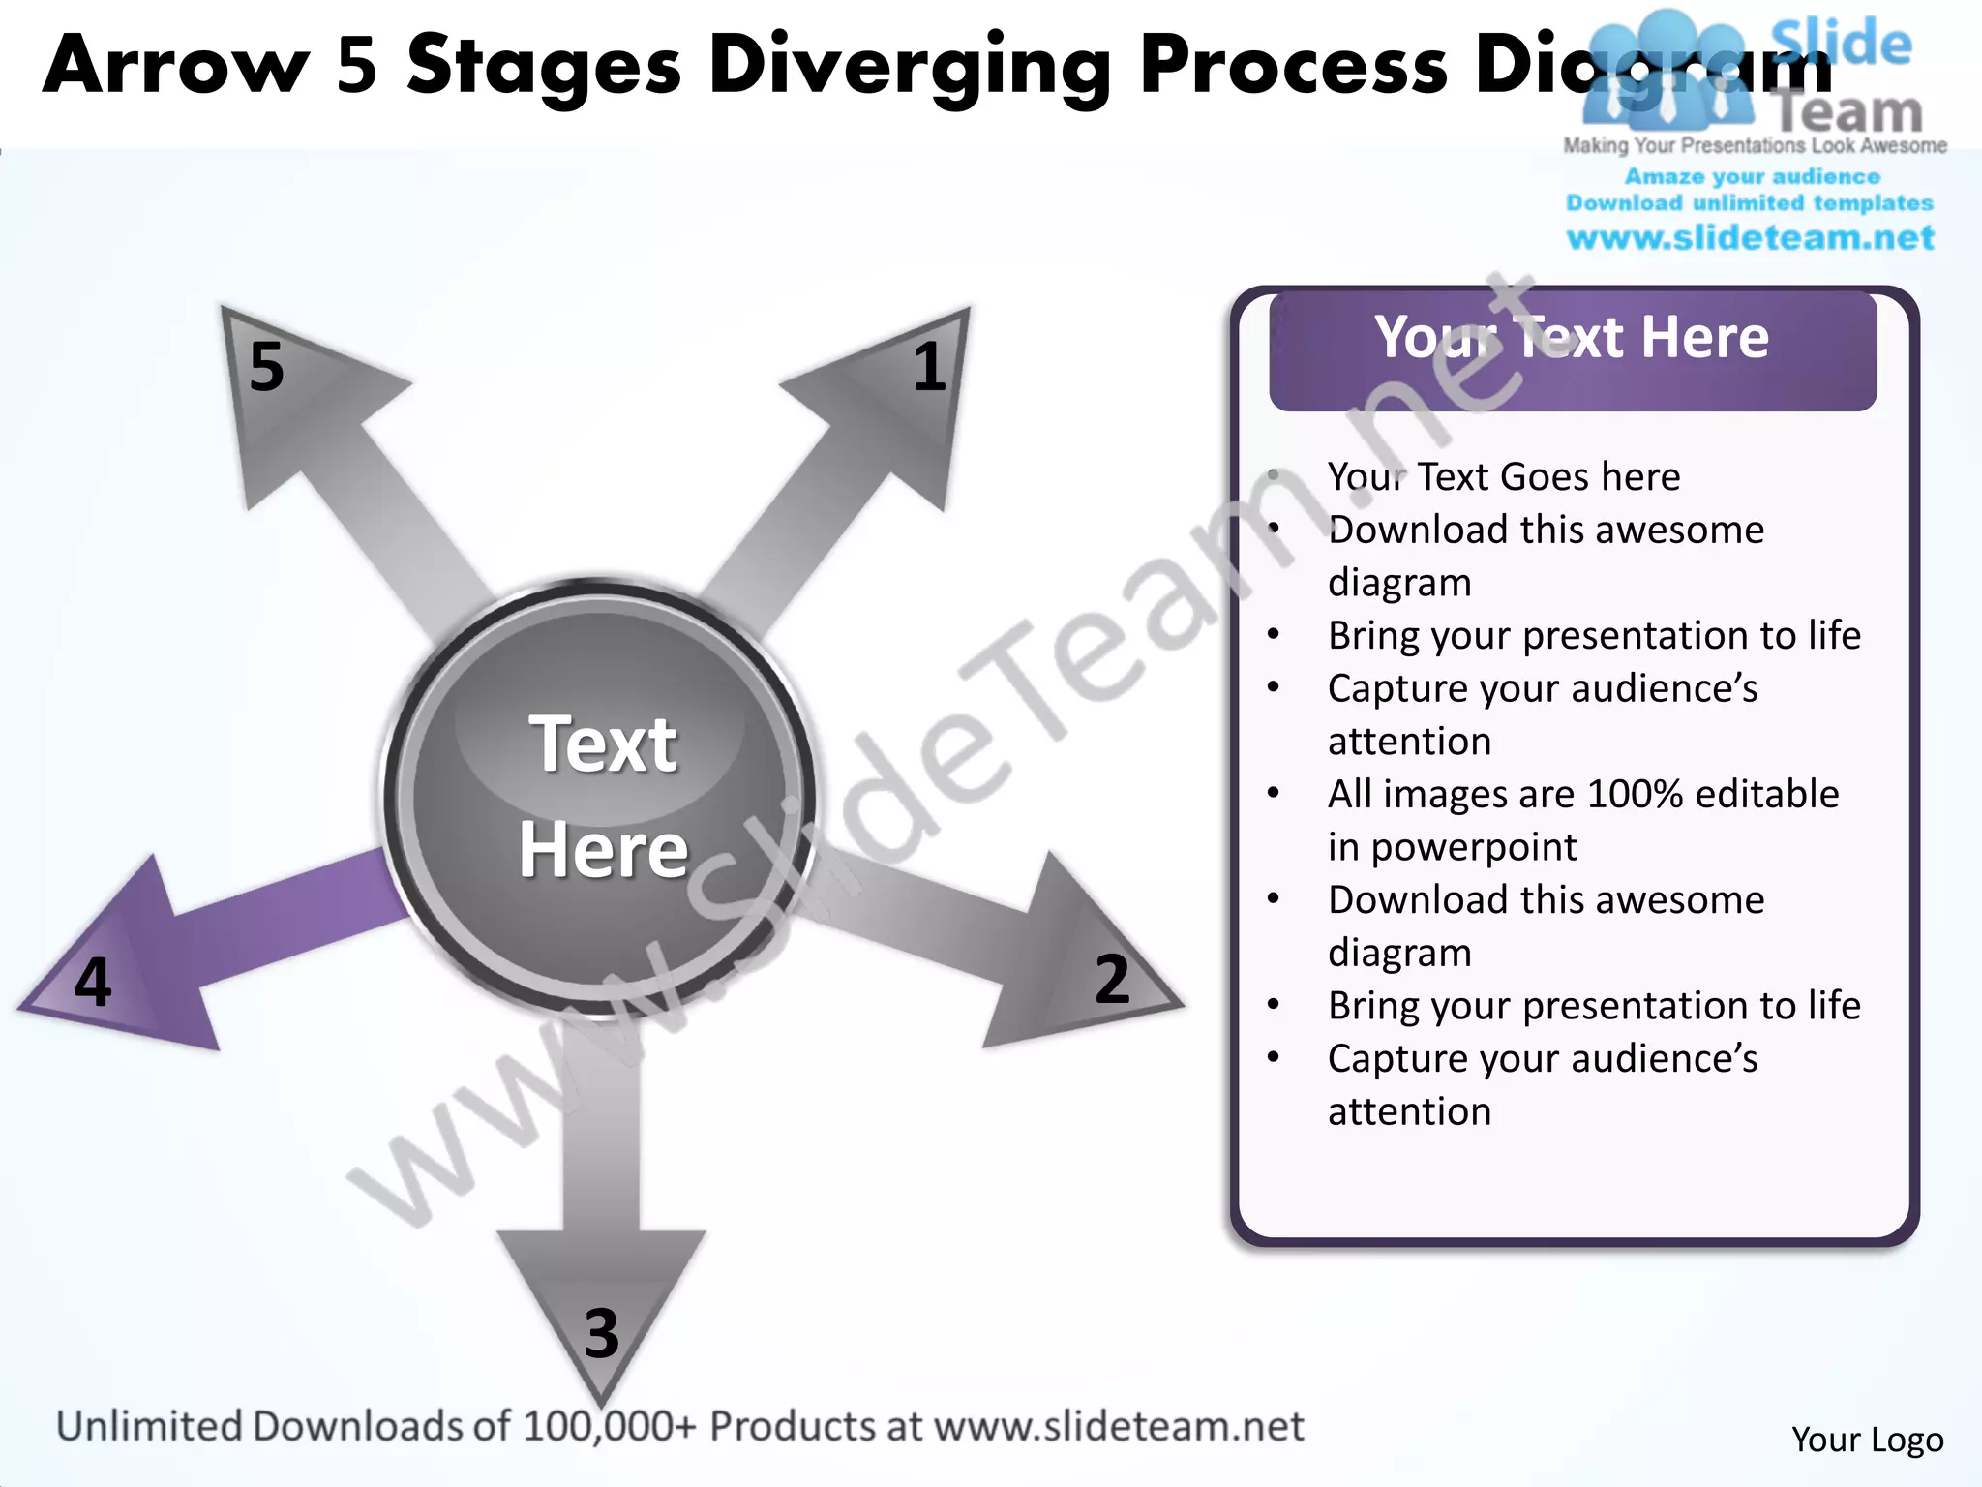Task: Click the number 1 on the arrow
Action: click(929, 367)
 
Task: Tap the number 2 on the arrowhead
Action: click(1112, 979)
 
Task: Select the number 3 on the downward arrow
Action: click(601, 1333)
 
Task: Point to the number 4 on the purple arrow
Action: click(93, 982)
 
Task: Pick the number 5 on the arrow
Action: click(266, 367)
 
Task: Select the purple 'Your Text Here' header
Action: click(1572, 339)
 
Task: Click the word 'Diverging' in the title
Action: click(909, 66)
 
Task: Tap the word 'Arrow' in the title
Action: click(175, 66)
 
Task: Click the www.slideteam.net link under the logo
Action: click(1750, 238)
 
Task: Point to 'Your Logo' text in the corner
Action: click(1867, 1440)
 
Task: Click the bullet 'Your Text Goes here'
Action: click(1503, 477)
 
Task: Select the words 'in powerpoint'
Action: click(1452, 847)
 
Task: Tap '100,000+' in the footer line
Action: click(609, 1427)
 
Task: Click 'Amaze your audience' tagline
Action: click(1752, 177)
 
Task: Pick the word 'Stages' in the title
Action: click(544, 66)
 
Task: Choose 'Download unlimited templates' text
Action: click(1750, 203)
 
